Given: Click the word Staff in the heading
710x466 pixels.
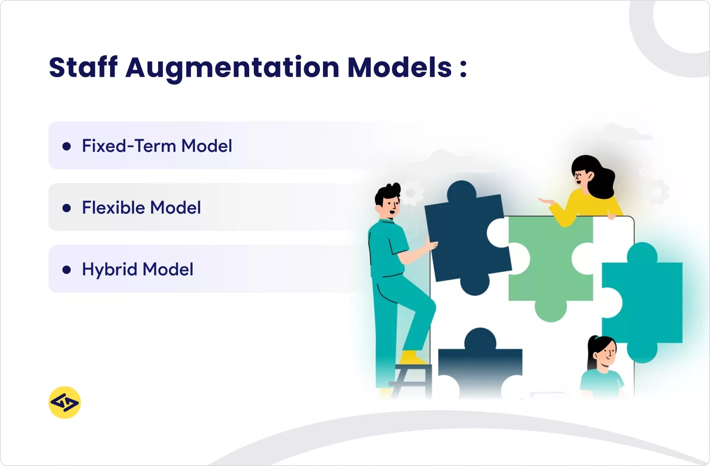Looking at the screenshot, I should (x=83, y=67).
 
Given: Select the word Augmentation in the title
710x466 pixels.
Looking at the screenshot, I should (x=232, y=67).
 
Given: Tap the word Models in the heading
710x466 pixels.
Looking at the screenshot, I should (x=399, y=67).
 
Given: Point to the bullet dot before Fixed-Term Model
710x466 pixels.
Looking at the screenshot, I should (x=67, y=146).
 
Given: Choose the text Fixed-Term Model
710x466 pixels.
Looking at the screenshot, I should (x=157, y=146).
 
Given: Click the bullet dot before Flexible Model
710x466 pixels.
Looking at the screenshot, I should (x=67, y=208).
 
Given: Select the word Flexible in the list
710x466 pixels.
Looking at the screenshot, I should (x=113, y=208).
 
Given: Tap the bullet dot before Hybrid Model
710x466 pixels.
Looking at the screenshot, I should (x=67, y=270).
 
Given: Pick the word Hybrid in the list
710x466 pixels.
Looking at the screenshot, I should (x=110, y=270).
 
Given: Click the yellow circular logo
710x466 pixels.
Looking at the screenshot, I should (x=65, y=403).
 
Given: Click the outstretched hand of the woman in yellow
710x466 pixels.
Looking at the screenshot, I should (x=546, y=201).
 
